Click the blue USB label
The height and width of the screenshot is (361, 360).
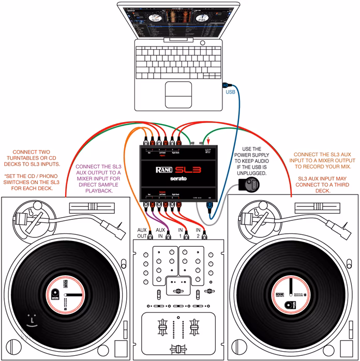pos(231,93)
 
